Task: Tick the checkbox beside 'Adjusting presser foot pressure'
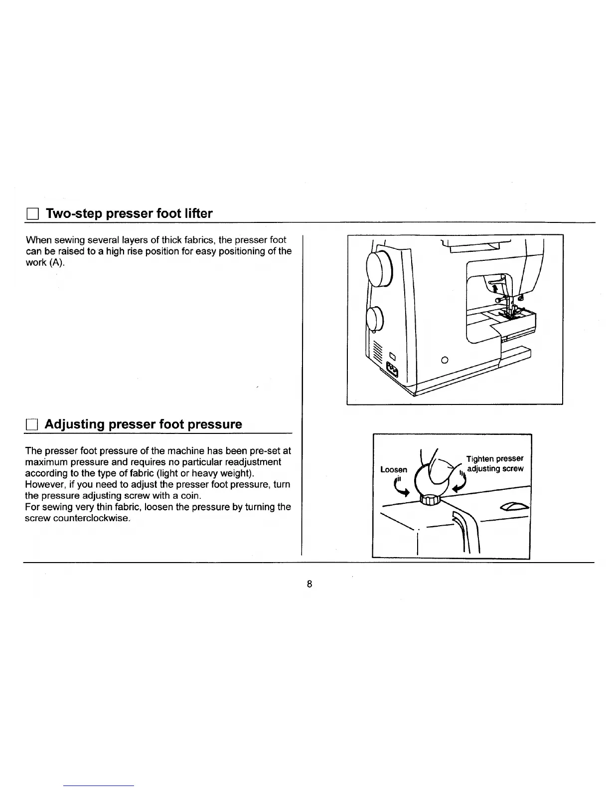click(31, 425)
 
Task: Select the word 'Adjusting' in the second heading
click(74, 424)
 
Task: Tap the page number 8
click(309, 584)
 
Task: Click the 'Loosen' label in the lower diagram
click(394, 469)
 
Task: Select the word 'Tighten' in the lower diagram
click(479, 458)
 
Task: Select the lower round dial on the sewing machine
click(374, 319)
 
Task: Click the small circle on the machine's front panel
click(446, 360)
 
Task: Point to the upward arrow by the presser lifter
click(495, 288)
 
